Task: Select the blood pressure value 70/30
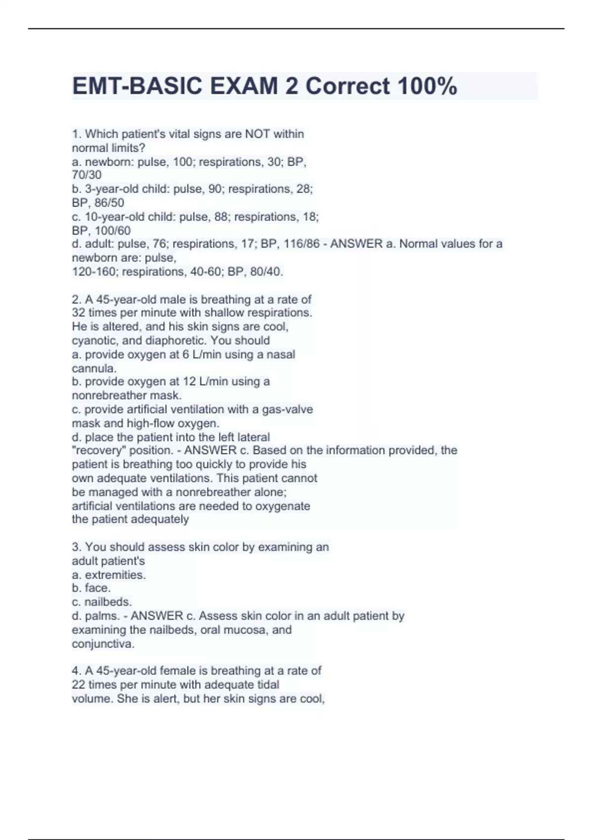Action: pyautogui.click(x=86, y=175)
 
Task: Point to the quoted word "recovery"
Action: pyautogui.click(x=98, y=451)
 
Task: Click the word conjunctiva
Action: pyautogui.click(x=103, y=644)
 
